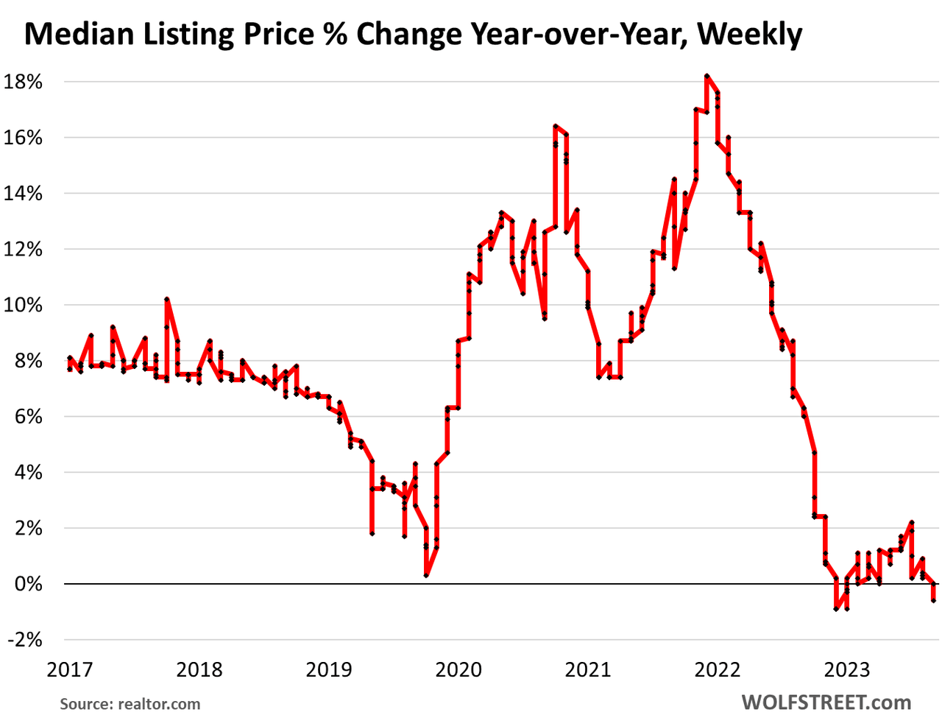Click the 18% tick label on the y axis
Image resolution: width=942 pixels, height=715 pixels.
click(24, 82)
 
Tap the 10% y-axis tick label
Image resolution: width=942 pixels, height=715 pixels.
click(24, 305)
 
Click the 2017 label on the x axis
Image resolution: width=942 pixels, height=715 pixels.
click(70, 669)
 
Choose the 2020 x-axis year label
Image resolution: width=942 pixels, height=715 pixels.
click(458, 669)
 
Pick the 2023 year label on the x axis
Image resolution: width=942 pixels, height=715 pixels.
click(847, 669)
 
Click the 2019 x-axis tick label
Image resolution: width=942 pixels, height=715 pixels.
click(329, 669)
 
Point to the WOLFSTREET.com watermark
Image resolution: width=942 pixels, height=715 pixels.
click(826, 702)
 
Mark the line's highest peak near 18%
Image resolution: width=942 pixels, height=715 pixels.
click(706, 76)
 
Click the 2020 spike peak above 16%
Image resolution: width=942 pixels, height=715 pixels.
click(556, 126)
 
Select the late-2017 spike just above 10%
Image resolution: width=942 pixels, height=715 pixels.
click(167, 299)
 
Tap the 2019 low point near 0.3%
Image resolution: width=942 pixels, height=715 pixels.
click(426, 575)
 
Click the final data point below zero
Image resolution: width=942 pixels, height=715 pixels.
click(934, 600)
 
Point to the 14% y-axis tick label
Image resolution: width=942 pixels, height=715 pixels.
click(24, 194)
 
